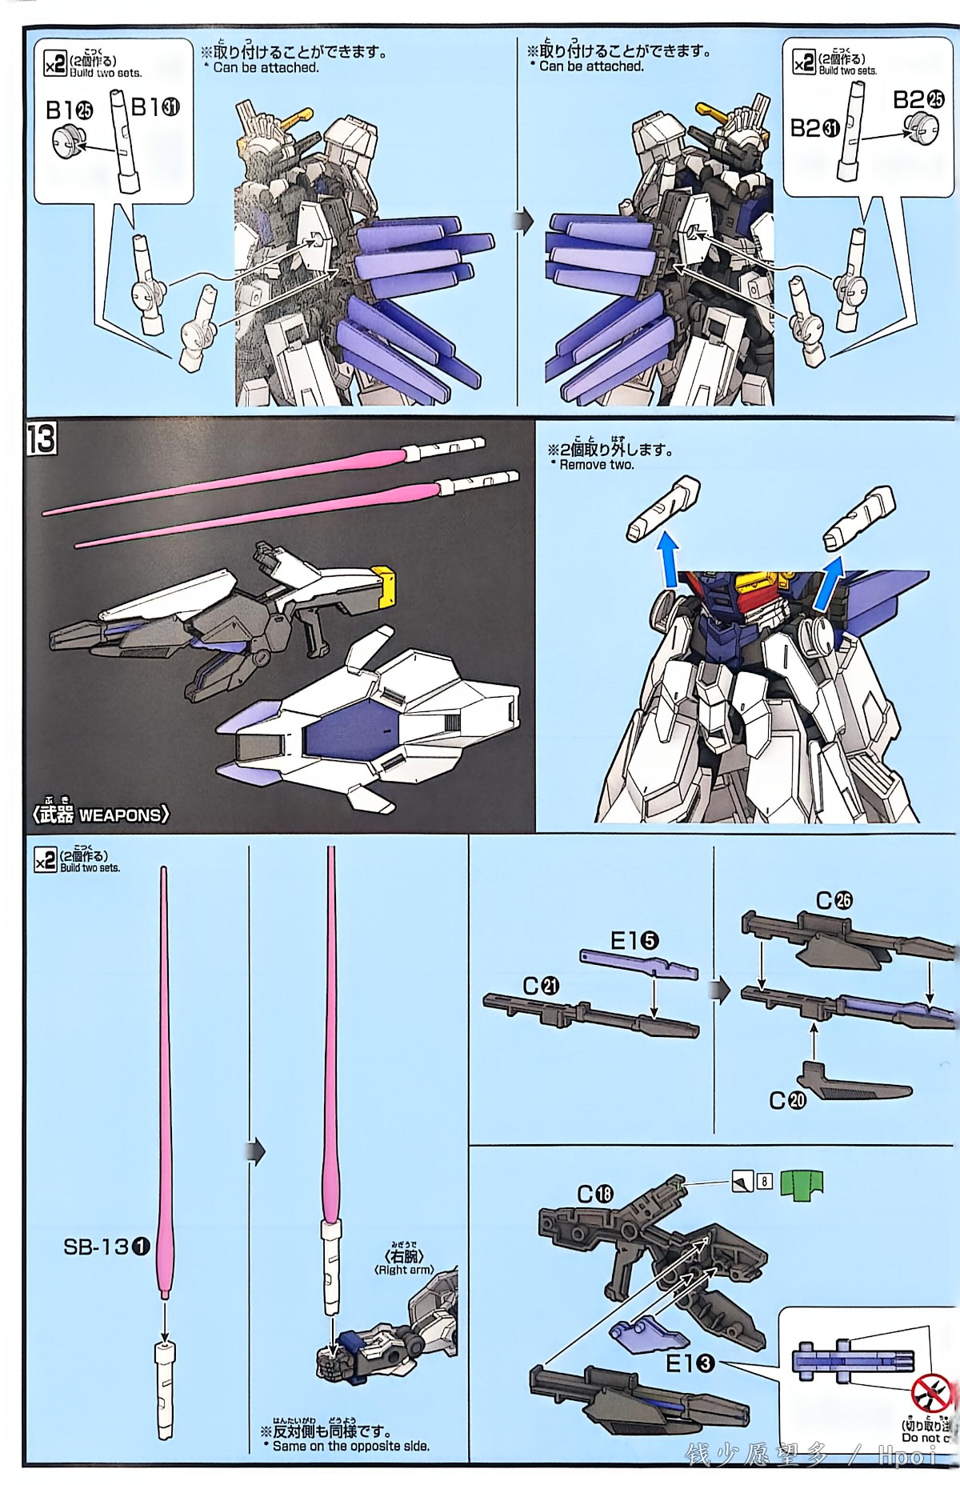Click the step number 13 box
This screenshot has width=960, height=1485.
tap(41, 439)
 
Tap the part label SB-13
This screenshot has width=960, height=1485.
tap(106, 1246)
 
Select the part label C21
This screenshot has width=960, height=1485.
tap(541, 987)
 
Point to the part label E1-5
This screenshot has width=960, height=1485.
tap(634, 941)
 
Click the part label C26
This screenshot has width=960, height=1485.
tap(834, 900)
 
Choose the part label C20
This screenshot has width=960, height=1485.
tap(787, 1100)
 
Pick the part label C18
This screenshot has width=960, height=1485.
tap(595, 1194)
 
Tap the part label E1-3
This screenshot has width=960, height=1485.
tap(690, 1363)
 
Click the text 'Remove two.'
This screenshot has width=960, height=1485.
tap(596, 465)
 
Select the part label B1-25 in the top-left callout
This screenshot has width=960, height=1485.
tap(69, 110)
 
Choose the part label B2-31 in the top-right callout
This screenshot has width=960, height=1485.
tap(814, 127)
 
